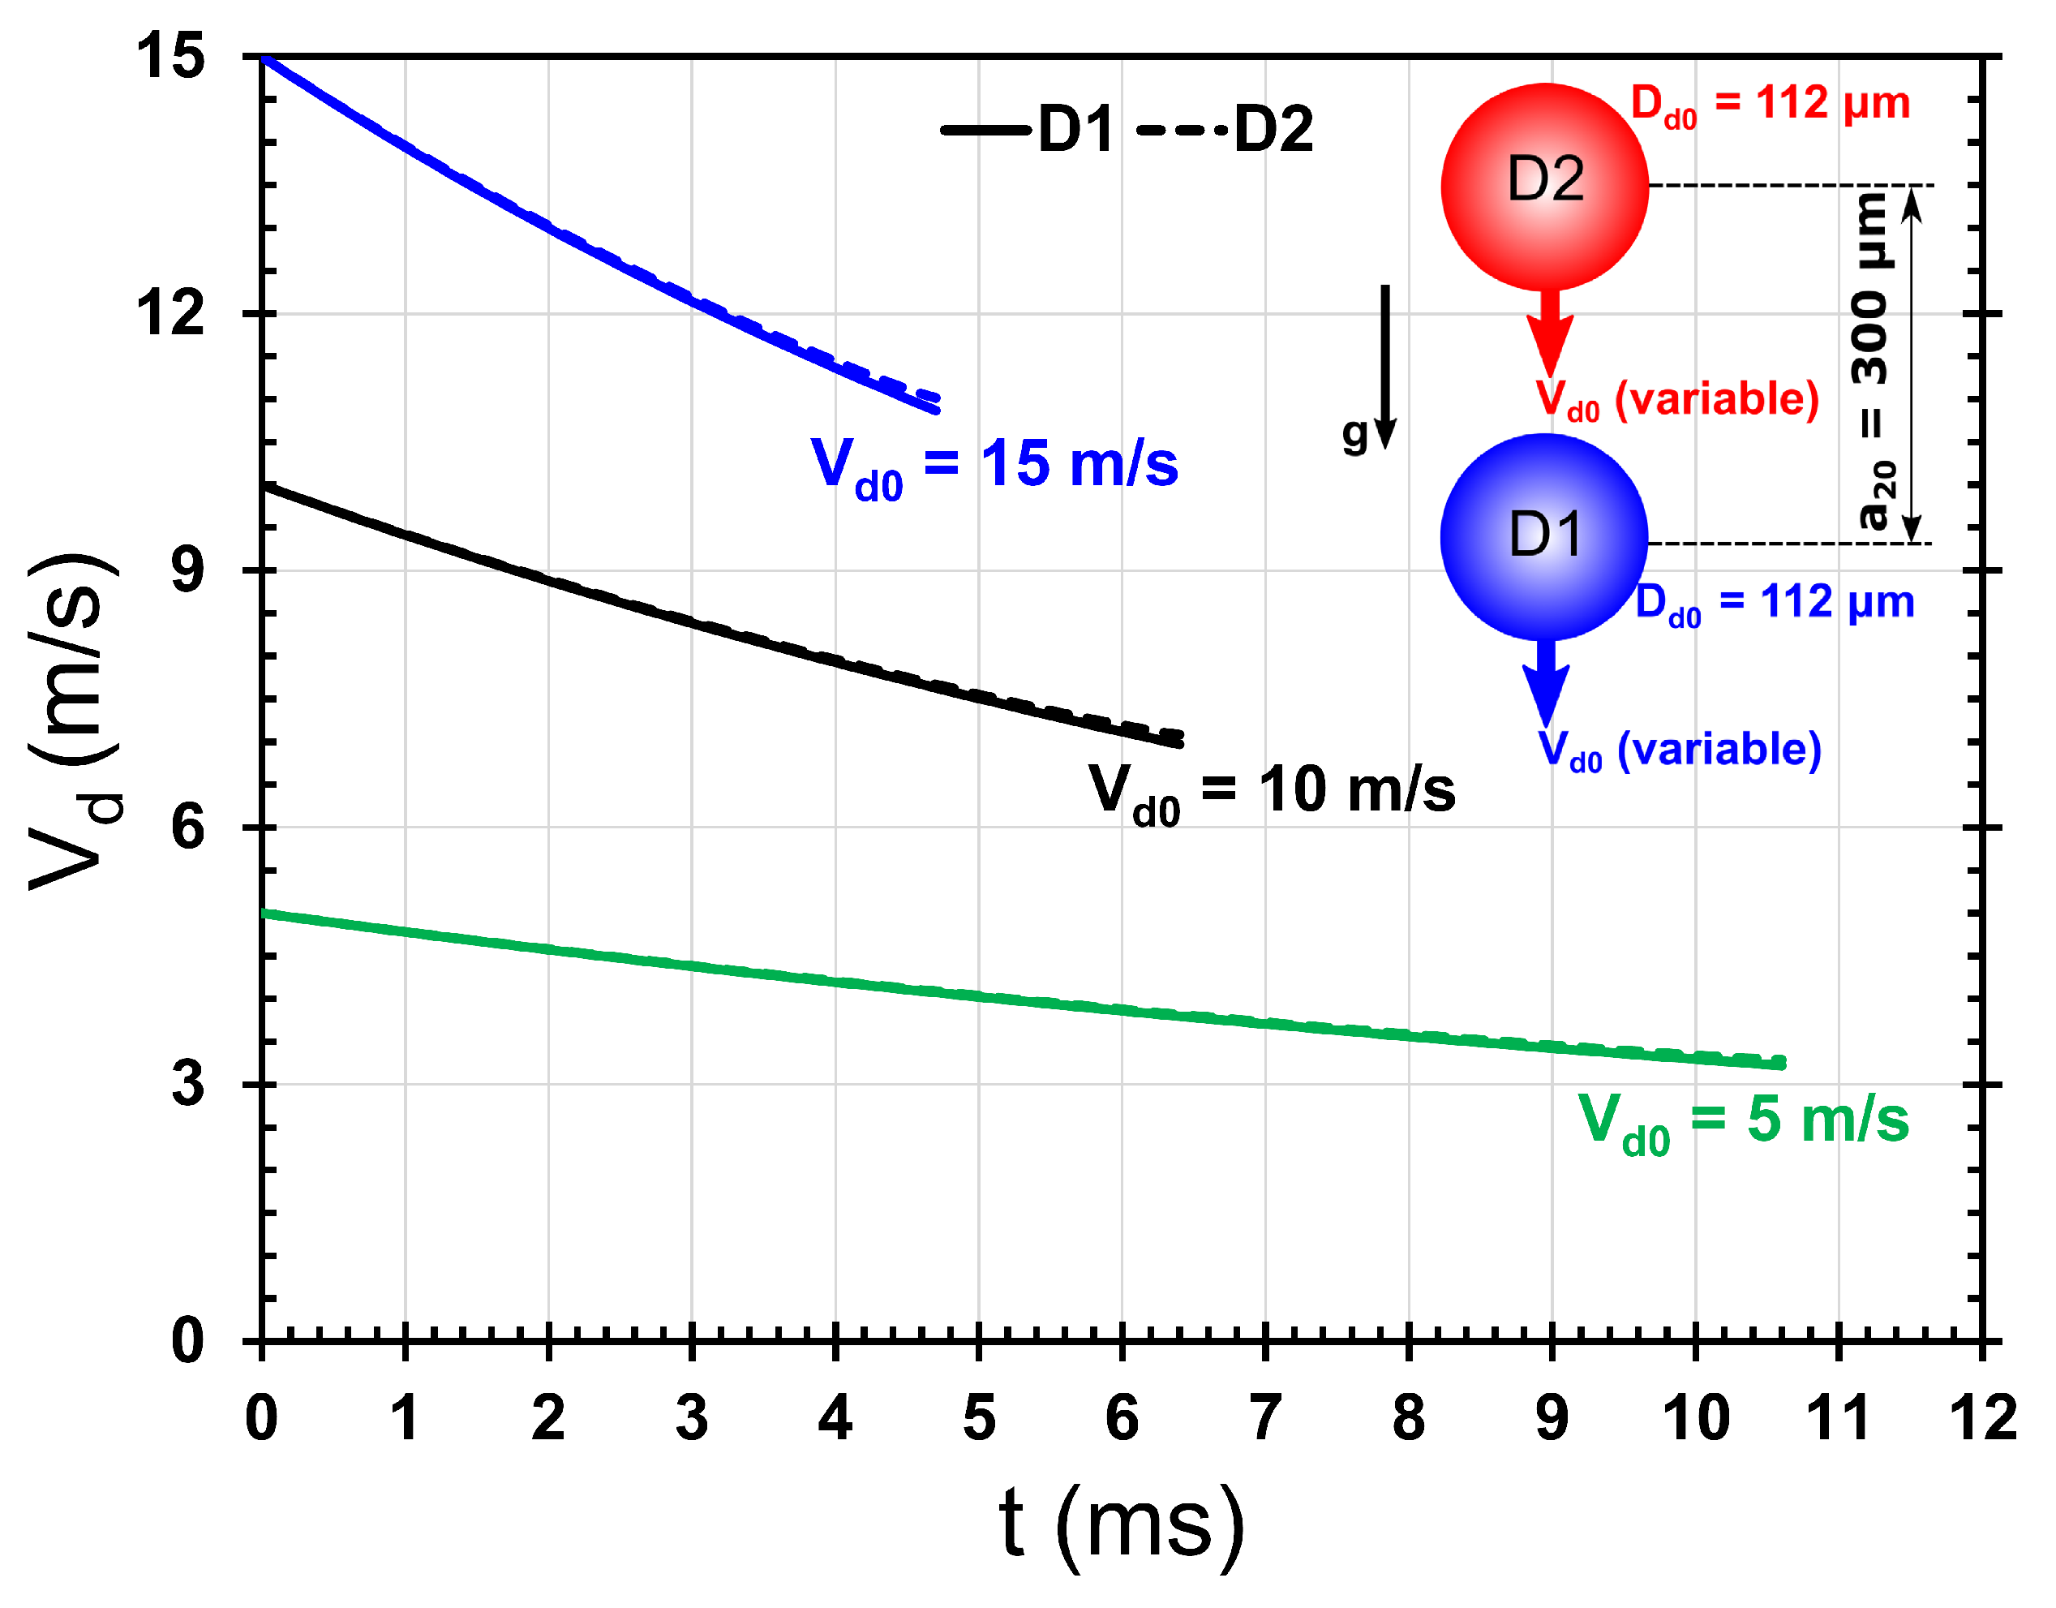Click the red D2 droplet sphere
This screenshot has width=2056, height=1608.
click(1544, 187)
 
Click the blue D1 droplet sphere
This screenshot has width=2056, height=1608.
click(1544, 536)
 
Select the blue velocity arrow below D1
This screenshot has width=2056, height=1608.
click(1546, 681)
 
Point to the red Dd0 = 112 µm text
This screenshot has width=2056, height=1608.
click(1770, 104)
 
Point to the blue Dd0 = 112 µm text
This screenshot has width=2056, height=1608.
click(1775, 603)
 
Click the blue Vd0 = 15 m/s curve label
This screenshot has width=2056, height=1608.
click(994, 466)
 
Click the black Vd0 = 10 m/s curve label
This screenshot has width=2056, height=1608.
click(1271, 791)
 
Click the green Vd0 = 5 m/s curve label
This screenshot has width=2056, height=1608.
click(1742, 1121)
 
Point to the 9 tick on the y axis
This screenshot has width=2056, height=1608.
click(187, 570)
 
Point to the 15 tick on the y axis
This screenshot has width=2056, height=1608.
click(170, 57)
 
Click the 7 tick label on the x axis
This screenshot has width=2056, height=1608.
click(1265, 1419)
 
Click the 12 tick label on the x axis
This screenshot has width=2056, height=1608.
click(1982, 1419)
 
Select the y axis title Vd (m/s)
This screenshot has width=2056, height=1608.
click(75, 721)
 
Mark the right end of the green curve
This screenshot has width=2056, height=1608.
click(1781, 1063)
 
